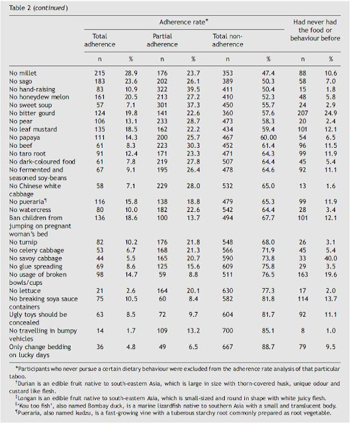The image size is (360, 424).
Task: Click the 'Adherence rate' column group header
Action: point(183,22)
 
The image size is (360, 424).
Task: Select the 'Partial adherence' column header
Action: point(162,40)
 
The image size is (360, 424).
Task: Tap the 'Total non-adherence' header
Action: point(228,40)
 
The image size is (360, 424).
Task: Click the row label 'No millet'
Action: point(22,74)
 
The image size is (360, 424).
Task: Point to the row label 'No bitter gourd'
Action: point(32,113)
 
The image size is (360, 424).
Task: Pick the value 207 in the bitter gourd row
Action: point(302,113)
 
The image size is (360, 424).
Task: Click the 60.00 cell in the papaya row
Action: point(268,138)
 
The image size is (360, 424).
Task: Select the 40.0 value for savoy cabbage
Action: point(331,258)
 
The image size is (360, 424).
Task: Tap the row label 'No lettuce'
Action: point(25,291)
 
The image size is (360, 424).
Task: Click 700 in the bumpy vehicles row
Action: point(228,331)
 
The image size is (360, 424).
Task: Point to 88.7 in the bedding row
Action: point(268,347)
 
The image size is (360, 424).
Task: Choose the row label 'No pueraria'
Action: point(28,202)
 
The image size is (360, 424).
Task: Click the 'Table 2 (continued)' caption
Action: point(38,8)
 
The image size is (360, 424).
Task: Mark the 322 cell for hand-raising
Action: point(162,89)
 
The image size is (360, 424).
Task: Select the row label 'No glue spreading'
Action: point(36,266)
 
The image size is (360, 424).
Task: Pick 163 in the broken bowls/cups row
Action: point(302,275)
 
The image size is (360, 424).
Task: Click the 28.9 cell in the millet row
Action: point(131,74)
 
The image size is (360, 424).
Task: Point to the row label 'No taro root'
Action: point(27,154)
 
